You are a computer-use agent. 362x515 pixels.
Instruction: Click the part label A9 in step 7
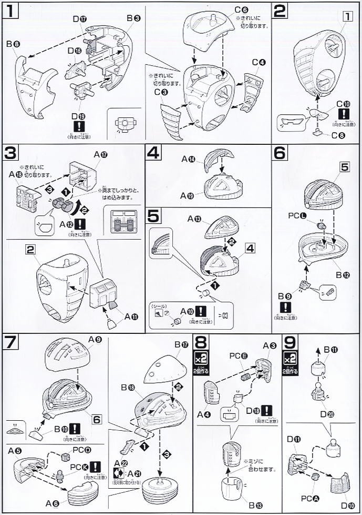click(95, 339)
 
